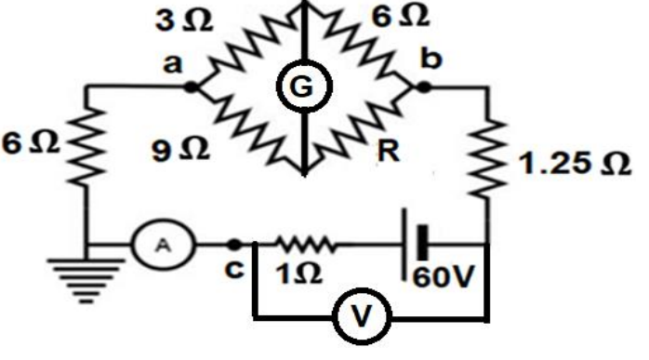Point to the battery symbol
point(414,245)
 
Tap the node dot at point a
point(191,87)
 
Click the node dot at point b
point(423,87)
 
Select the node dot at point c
point(234,245)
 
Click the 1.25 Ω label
point(575,163)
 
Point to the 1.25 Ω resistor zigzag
point(487,157)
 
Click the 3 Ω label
point(184,20)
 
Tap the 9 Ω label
point(181,150)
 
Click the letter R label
point(389,151)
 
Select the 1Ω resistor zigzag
point(305,245)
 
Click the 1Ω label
point(299,273)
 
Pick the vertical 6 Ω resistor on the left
point(86,146)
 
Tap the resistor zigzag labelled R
point(359,128)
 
